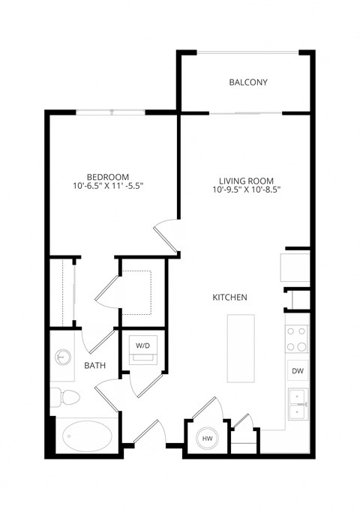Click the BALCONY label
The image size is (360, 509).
coord(248,82)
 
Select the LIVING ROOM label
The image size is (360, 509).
coord(246,181)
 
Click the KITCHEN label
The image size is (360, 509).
coord(230,298)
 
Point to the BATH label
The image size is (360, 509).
coord(94,366)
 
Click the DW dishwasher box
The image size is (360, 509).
coord(296,371)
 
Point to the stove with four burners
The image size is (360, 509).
coord(297,338)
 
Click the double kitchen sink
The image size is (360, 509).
coord(297,403)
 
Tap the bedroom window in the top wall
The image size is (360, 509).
coord(111,112)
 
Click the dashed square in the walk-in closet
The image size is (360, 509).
coord(137,291)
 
